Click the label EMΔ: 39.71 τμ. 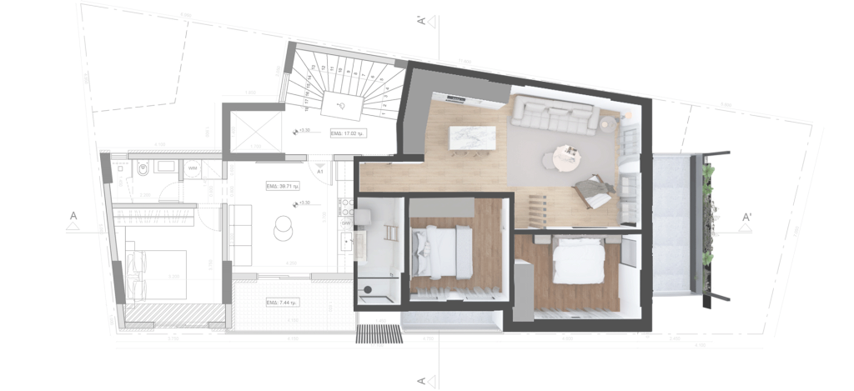[x=282, y=187]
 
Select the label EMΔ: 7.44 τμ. [x=282, y=302]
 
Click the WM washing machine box [x=193, y=168]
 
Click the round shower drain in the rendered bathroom [x=364, y=290]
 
